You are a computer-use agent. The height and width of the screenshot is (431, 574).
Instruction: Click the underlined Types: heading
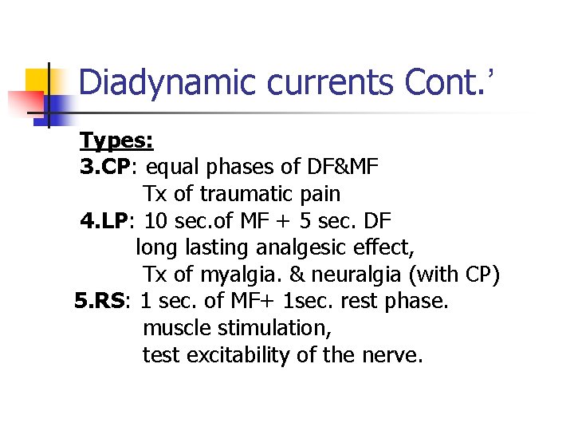(116, 141)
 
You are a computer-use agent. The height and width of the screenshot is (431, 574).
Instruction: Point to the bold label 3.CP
(105, 168)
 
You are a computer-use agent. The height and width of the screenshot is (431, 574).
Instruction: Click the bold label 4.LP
(105, 221)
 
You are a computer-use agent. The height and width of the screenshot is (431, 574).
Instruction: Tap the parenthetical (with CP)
(454, 275)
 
